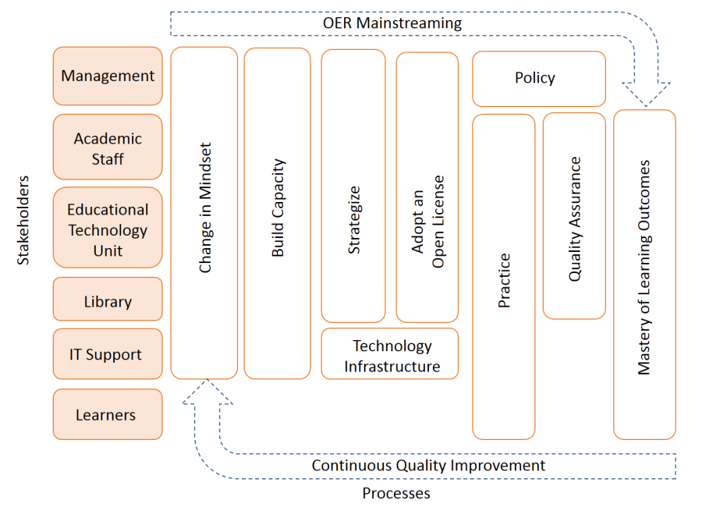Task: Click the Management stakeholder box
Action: click(108, 76)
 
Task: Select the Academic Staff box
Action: click(108, 147)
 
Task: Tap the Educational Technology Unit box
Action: click(108, 229)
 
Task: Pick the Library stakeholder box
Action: click(108, 301)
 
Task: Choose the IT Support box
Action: click(108, 354)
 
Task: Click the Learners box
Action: click(108, 415)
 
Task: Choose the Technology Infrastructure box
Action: click(390, 355)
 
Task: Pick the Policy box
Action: click(538, 78)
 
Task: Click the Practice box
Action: click(504, 277)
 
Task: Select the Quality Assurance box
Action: click(574, 217)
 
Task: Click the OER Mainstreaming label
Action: click(392, 23)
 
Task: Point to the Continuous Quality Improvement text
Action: click(428, 466)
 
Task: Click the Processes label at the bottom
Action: click(396, 494)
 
